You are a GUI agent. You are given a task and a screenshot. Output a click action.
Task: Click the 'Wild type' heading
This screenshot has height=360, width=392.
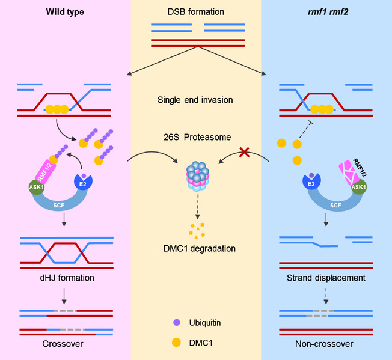pyautogui.click(x=66, y=12)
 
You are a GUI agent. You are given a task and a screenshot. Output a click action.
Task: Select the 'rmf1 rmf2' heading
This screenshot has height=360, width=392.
pyautogui.click(x=326, y=12)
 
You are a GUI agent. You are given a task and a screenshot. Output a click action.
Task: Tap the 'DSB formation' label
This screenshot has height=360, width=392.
pyautogui.click(x=196, y=12)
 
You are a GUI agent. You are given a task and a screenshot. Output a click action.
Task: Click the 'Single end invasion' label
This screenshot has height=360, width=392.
pyautogui.click(x=196, y=100)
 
